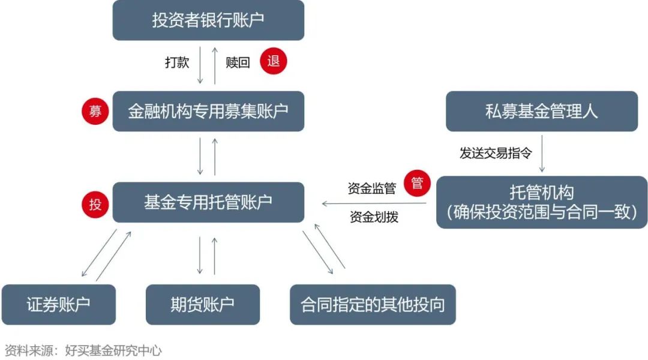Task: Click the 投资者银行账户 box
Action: coord(208,20)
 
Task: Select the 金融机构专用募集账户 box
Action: coord(208,111)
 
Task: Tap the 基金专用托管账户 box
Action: coord(208,202)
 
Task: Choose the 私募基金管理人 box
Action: coord(542,111)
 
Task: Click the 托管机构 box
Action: coord(542,202)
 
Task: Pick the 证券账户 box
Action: coord(59,305)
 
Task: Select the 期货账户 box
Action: coord(203,305)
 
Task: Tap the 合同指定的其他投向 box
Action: coord(373,305)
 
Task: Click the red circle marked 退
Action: coord(273,61)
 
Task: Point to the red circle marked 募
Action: coord(95,111)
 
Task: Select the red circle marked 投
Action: coord(95,204)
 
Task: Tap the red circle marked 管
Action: coord(417,182)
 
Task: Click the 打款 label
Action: coord(177,62)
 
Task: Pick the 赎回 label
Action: coord(238,62)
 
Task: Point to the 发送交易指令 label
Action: coord(496,153)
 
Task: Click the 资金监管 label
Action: coord(372,188)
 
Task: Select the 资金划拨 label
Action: coord(374,217)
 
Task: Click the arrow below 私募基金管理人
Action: coord(542,154)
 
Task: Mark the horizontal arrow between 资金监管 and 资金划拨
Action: coord(374,203)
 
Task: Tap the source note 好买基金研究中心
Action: coord(113,350)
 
